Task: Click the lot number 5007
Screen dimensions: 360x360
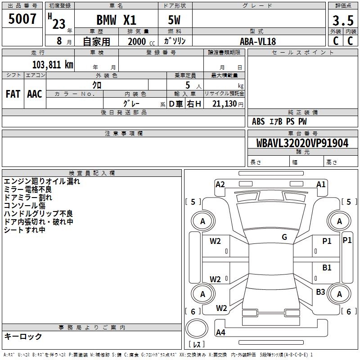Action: [22, 19]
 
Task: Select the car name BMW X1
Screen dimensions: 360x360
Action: [117, 21]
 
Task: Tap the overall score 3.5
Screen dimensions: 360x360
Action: [342, 21]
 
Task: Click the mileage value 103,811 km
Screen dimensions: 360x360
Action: [53, 64]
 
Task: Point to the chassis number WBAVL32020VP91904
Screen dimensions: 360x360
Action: [303, 143]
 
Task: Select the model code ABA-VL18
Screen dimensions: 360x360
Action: [258, 41]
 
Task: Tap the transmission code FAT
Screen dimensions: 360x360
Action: [13, 94]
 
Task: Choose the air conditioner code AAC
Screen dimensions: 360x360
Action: [35, 94]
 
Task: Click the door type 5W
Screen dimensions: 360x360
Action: [175, 21]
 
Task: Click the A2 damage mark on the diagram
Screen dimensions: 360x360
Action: [220, 184]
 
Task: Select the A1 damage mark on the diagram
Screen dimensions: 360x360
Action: [321, 184]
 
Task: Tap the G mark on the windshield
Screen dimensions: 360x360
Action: [284, 237]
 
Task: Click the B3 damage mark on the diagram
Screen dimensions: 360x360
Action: [320, 292]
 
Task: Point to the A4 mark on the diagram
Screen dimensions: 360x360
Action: [220, 333]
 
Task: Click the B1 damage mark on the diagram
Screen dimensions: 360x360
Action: [327, 268]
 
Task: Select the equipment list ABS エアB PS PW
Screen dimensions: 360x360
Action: [279, 121]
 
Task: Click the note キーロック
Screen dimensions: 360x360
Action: [23, 337]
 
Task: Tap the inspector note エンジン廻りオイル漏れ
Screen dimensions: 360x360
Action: [42, 181]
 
